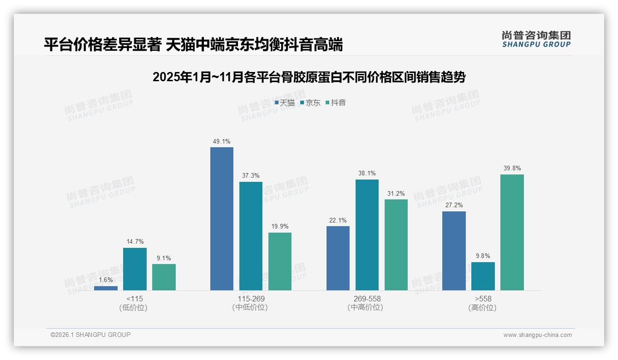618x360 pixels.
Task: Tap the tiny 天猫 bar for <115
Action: tap(106, 288)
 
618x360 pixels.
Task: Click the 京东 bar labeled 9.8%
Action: tap(483, 276)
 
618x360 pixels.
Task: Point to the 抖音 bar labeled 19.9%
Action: tap(280, 261)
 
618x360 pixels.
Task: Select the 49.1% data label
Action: tap(222, 141)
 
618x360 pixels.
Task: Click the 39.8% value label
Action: tap(512, 168)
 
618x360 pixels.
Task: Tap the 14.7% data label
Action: tap(135, 241)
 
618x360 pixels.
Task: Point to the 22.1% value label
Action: tap(338, 220)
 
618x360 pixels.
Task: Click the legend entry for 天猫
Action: tap(285, 103)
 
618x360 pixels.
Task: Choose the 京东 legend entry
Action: tap(310, 103)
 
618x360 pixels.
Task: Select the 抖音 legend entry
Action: tap(336, 103)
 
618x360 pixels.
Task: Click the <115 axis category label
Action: tap(134, 299)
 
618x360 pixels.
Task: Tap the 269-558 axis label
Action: tap(367, 299)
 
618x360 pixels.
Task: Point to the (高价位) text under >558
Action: tap(482, 307)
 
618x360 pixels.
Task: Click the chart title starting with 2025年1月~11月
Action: tap(309, 77)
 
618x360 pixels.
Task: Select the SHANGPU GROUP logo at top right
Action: tap(536, 39)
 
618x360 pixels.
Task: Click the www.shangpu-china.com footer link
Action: tap(537, 335)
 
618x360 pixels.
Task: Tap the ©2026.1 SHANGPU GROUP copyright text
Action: tap(90, 335)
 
